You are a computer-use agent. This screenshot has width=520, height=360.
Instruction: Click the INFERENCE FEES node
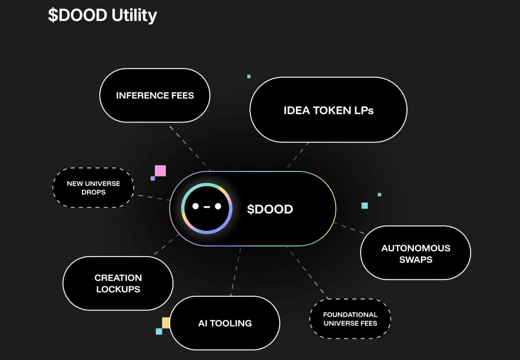(155, 95)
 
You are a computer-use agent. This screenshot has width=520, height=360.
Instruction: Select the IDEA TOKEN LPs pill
(328, 110)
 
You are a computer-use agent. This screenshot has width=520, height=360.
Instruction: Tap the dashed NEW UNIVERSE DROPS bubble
(94, 188)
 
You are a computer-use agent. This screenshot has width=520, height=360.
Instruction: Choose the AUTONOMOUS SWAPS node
(415, 253)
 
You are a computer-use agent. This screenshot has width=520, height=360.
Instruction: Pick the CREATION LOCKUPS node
(118, 283)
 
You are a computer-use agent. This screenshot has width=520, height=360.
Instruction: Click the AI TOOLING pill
(225, 323)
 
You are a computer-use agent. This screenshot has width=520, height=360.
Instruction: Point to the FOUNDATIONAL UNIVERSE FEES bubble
(350, 319)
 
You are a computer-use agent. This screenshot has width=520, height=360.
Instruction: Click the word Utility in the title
(134, 15)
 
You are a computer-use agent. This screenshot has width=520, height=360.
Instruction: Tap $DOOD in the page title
(78, 15)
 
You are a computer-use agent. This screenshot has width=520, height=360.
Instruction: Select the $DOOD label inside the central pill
(270, 209)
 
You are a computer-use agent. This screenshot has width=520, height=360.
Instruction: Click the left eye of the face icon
(195, 206)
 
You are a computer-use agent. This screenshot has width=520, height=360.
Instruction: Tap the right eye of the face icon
(218, 206)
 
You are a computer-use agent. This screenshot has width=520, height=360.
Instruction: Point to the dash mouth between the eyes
(207, 207)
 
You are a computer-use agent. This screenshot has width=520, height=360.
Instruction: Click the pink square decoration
(160, 171)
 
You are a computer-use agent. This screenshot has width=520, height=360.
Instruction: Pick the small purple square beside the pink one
(153, 178)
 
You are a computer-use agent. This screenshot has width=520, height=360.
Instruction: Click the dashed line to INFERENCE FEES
(190, 147)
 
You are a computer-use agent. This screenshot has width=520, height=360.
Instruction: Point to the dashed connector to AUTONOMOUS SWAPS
(350, 228)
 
